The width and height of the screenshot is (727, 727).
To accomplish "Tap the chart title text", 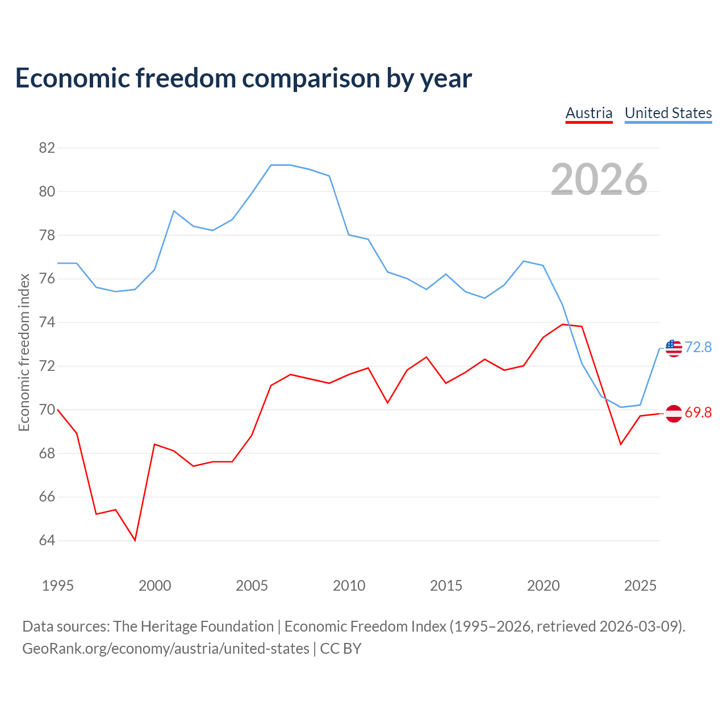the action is pyautogui.click(x=243, y=78).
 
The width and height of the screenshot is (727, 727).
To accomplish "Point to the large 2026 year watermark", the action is pyautogui.click(x=599, y=179).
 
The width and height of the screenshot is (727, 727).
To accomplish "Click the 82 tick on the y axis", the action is pyautogui.click(x=47, y=148).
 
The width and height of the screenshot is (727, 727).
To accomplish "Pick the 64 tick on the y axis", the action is pyautogui.click(x=47, y=540).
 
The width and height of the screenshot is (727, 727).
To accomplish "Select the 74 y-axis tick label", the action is pyautogui.click(x=47, y=322).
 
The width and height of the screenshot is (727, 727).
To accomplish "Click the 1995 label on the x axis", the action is pyautogui.click(x=58, y=586).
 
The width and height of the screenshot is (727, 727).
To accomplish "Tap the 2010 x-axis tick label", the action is pyautogui.click(x=349, y=586).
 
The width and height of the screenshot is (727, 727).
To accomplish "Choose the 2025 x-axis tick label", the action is pyautogui.click(x=640, y=586).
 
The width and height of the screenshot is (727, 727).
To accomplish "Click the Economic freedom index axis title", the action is pyautogui.click(x=24, y=352).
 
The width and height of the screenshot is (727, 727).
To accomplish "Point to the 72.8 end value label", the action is pyautogui.click(x=698, y=347).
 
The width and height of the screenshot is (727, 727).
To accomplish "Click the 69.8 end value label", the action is pyautogui.click(x=698, y=412).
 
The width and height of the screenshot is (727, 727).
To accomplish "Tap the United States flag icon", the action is pyautogui.click(x=674, y=348).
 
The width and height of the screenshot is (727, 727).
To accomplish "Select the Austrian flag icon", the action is pyautogui.click(x=674, y=413).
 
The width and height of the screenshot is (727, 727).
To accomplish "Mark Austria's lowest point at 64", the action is pyautogui.click(x=135, y=540).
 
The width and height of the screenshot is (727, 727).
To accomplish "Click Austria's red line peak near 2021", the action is pyautogui.click(x=562, y=324).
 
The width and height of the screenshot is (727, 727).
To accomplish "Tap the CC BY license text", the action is pyautogui.click(x=341, y=649).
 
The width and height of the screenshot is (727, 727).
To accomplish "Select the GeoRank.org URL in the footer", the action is pyautogui.click(x=166, y=649).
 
